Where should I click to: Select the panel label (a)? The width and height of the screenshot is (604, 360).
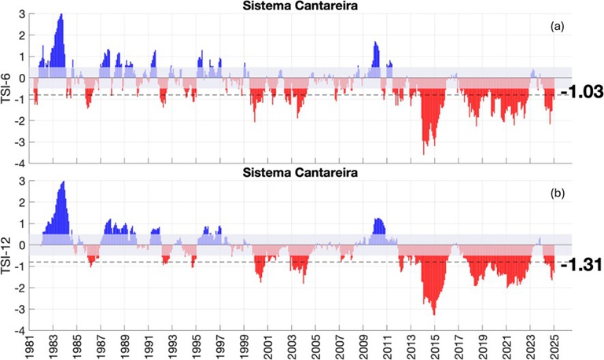[x=557, y=26]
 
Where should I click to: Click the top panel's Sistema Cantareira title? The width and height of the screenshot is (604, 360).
[x=302, y=7]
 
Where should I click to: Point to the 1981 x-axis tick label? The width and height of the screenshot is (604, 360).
[x=30, y=346]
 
